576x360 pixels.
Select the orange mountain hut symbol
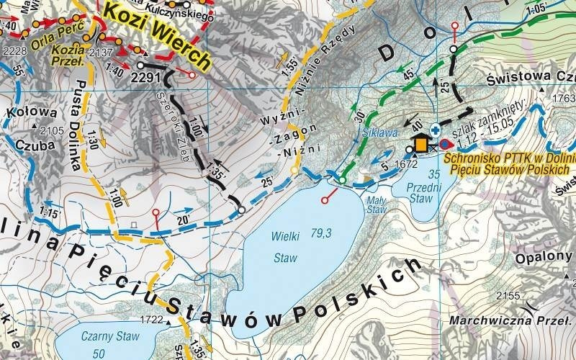pyautogui.click(x=420, y=144)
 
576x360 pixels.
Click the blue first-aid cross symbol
pyautogui.click(x=436, y=130)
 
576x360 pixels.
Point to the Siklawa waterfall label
pyautogui.click(x=379, y=133)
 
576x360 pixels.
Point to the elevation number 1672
pyautogui.click(x=407, y=164)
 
